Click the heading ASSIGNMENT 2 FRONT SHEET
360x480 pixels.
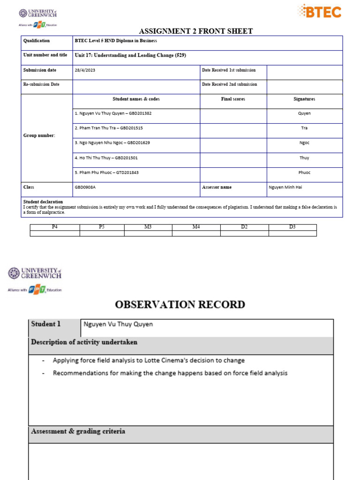click(196, 31)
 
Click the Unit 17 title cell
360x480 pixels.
click(131, 55)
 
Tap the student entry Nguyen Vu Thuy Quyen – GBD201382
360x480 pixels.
click(113, 113)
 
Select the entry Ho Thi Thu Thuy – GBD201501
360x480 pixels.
click(106, 157)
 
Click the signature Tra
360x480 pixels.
click(304, 128)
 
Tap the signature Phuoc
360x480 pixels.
click(304, 172)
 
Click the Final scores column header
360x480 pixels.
click(233, 99)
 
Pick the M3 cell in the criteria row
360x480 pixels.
click(148, 227)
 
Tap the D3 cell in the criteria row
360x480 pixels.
click(292, 227)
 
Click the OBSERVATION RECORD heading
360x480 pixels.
click(180, 304)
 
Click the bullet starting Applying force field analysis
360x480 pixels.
click(149, 360)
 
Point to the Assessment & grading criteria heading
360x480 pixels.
click(78, 431)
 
